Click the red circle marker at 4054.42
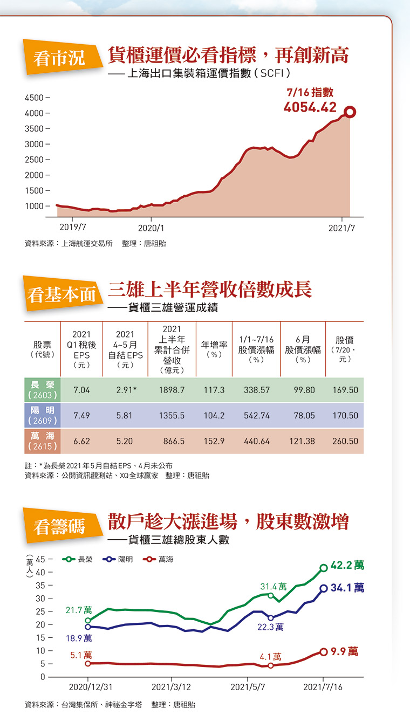(350, 112)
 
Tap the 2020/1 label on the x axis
(152, 228)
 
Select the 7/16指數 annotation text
(310, 93)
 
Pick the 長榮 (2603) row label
(42, 389)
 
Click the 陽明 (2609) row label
(42, 415)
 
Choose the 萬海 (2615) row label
(42, 441)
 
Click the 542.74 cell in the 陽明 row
(256, 416)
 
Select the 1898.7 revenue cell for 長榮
(172, 390)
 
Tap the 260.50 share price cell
(345, 441)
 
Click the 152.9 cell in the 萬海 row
(214, 441)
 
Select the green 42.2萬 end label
(347, 566)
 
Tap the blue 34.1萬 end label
(347, 588)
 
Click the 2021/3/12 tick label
(171, 687)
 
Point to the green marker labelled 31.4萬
(271, 595)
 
